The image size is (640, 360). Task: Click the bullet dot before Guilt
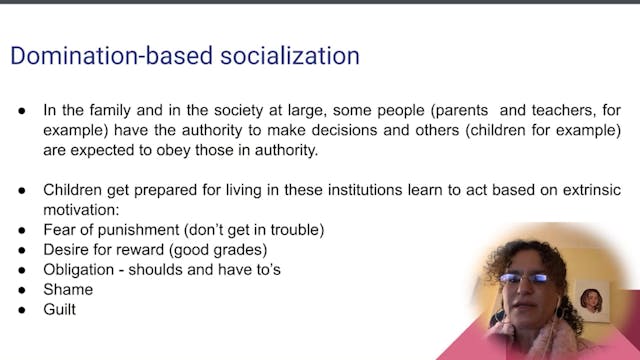pyautogui.click(x=23, y=310)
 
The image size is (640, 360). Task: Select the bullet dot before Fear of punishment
pyautogui.click(x=23, y=230)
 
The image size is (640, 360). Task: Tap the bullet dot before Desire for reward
pyautogui.click(x=23, y=250)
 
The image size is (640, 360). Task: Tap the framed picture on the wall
pyautogui.click(x=591, y=298)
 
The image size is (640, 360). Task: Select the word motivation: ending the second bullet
pyautogui.click(x=84, y=210)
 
